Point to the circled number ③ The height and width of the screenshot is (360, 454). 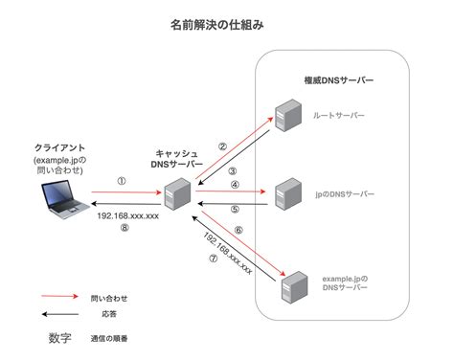click(x=233, y=170)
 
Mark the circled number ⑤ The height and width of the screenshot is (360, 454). click(x=233, y=209)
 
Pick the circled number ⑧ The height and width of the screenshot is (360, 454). click(x=125, y=229)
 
